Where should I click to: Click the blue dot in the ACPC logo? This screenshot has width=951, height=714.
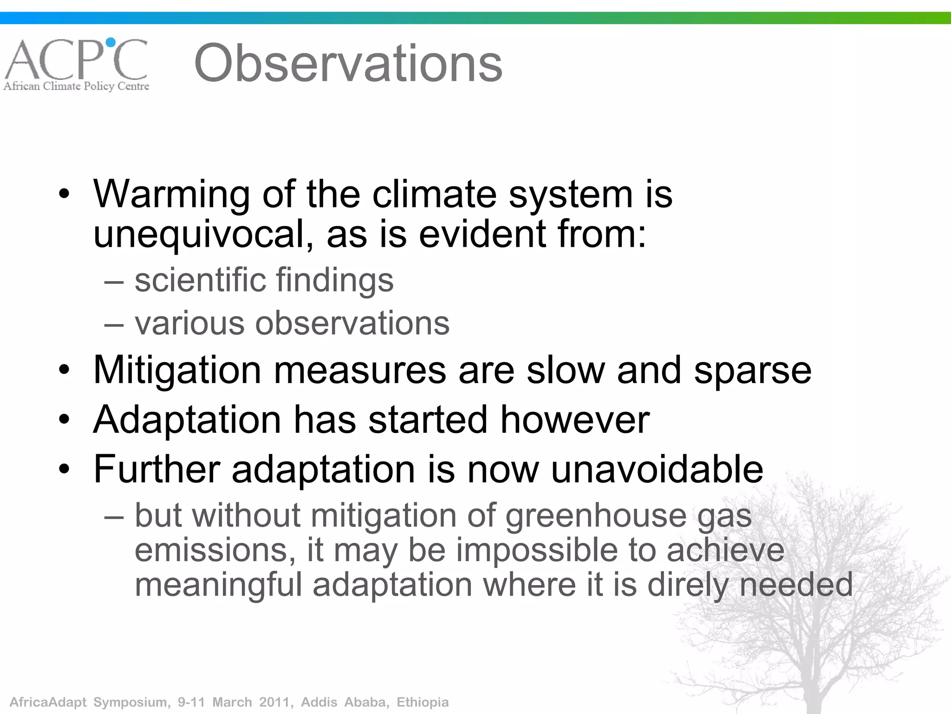point(111,43)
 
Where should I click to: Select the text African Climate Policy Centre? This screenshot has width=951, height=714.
point(77,86)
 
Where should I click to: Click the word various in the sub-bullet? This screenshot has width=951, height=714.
point(189,323)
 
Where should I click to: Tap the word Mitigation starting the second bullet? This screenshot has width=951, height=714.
point(177,370)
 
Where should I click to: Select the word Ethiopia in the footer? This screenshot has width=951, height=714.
point(423,702)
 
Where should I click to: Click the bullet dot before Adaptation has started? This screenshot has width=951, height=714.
point(65,420)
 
